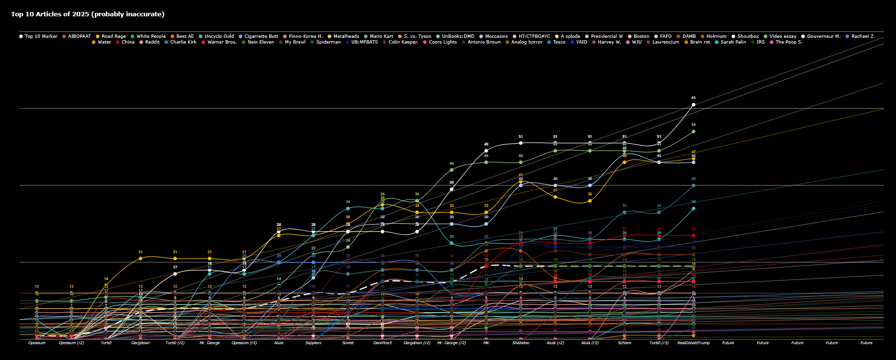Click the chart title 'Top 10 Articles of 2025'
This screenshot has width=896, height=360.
coord(88,14)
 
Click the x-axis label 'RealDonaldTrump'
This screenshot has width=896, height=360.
coord(693,343)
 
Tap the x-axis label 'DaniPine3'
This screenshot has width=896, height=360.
coord(382,343)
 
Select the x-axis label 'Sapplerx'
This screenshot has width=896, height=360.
coord(313,343)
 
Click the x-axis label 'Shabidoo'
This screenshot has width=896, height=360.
coord(521,343)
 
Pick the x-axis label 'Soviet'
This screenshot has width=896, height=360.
coord(348,343)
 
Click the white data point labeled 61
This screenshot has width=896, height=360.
coord(693,104)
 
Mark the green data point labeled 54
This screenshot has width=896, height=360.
coord(693,131)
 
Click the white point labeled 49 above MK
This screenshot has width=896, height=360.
coord(486,151)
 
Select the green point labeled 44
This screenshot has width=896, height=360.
coord(452,170)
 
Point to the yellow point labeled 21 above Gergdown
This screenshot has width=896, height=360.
coord(140,259)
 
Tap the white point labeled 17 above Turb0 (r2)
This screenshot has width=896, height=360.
coord(175,274)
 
